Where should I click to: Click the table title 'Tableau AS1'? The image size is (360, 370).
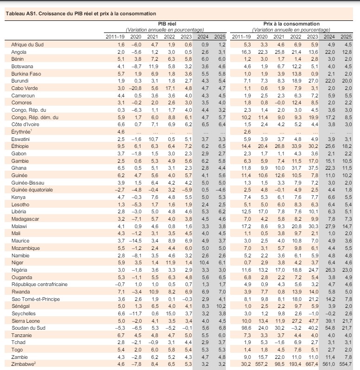[20, 14]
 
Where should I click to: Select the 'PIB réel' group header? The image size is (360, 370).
[167, 24]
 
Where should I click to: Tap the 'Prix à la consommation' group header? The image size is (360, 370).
[291, 24]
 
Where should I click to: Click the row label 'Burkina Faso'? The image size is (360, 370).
[26, 74]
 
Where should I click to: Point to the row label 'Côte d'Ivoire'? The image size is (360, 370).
[25, 124]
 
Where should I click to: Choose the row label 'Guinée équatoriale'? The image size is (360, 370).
[32, 190]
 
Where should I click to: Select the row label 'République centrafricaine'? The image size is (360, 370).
[39, 284]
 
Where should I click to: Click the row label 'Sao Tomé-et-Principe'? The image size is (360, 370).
[36, 299]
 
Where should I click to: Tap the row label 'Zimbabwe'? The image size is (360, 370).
[23, 364]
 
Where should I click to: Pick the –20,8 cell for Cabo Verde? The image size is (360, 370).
[135, 88]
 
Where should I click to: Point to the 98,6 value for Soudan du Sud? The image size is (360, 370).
[246, 328]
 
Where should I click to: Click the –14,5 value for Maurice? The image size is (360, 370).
[135, 241]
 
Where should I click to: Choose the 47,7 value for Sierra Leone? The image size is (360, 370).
[313, 321]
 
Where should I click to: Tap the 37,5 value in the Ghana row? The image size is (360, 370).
[313, 168]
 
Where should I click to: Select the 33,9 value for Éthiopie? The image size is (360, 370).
[296, 146]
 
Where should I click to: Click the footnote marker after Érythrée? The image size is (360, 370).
[31, 130]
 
